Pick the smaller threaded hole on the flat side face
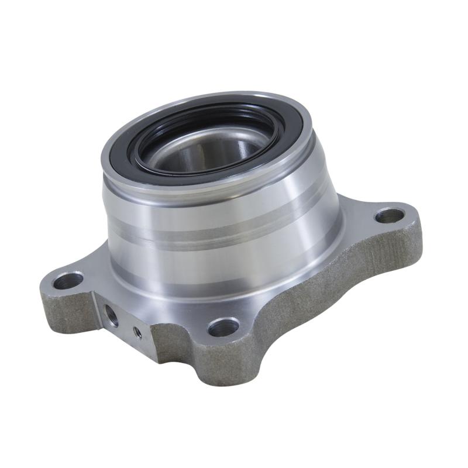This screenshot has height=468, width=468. (x=137, y=332)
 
